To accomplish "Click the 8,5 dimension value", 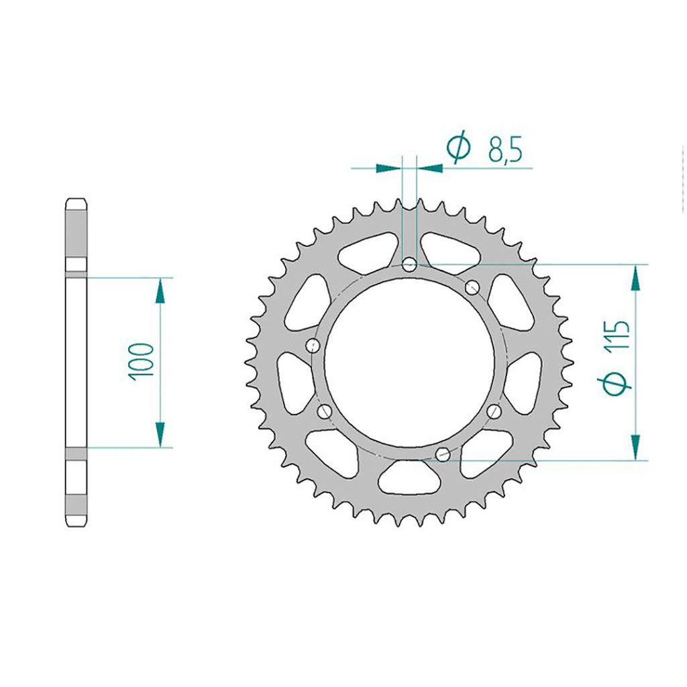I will point(505,150).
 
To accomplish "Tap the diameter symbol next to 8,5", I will point(458,149).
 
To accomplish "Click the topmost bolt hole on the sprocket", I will point(410,264).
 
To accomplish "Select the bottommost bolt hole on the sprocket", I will point(442,455).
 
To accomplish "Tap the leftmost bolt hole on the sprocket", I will point(312,346).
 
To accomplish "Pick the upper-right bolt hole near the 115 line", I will point(472,288).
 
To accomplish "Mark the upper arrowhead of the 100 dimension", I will point(160,290).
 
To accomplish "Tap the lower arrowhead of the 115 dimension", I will point(635,447).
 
